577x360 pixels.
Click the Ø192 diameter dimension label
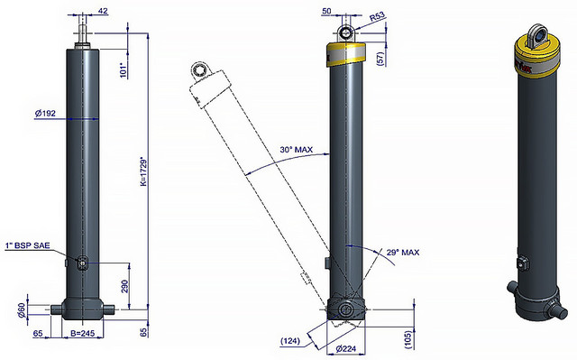point(45,114)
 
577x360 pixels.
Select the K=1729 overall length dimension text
point(144,172)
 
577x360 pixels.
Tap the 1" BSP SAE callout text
point(28,245)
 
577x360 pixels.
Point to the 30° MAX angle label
point(297,150)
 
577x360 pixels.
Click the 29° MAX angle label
point(403,253)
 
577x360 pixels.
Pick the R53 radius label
point(377,17)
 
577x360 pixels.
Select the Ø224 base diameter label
point(345,348)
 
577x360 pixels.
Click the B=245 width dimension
point(82,334)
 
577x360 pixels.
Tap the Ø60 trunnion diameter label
point(22,309)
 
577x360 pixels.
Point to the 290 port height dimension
point(124,286)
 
